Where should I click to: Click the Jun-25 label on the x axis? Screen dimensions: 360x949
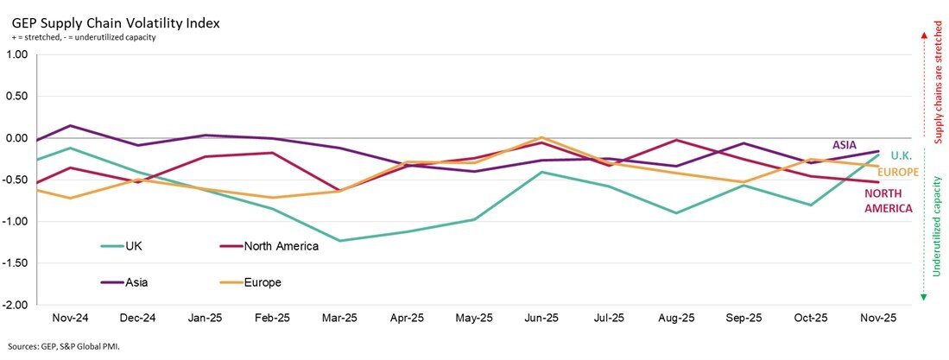coord(541,318)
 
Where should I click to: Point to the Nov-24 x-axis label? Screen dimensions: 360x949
coord(70,318)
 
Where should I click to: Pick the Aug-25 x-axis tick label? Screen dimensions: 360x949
coord(677,318)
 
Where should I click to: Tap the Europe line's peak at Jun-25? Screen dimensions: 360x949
coord(541,138)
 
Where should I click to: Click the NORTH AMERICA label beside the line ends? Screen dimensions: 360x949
coord(888,201)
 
